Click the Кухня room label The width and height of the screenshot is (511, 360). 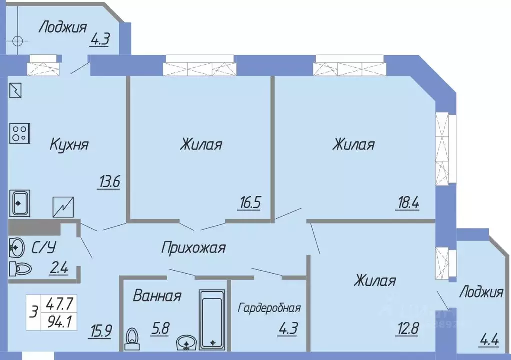pos(69,145)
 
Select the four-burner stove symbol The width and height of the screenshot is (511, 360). pos(19,133)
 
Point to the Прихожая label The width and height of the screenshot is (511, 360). pos(193,247)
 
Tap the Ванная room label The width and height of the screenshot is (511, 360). pos(156,296)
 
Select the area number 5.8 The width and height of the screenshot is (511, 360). pos(161,330)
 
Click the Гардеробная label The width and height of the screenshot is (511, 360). pos(269,307)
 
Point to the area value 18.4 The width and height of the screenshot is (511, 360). pos(408,203)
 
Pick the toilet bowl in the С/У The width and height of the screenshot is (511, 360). pos(20,269)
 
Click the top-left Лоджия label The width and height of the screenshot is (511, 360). pos(63,26)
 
